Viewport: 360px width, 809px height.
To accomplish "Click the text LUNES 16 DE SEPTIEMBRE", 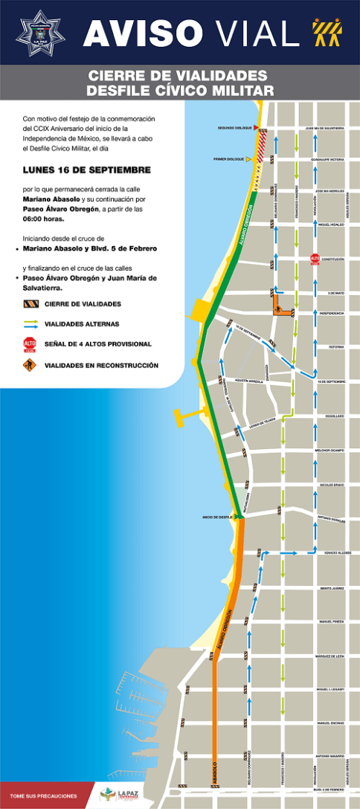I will [x=87, y=170].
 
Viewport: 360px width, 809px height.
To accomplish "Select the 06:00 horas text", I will [x=44, y=219].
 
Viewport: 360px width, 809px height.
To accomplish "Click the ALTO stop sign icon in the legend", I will [x=30, y=344].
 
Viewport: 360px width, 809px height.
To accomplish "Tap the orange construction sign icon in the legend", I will [x=30, y=365].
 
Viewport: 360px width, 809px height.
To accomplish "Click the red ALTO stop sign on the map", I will [x=315, y=259].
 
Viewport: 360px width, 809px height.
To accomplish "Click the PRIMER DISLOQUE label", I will [x=229, y=159].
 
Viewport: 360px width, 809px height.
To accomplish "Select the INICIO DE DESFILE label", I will [x=217, y=517].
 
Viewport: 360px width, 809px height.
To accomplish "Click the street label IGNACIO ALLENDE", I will [x=332, y=553].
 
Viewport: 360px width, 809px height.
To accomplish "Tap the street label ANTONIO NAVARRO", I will [x=331, y=757].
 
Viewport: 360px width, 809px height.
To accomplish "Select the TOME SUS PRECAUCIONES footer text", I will [x=43, y=796].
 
